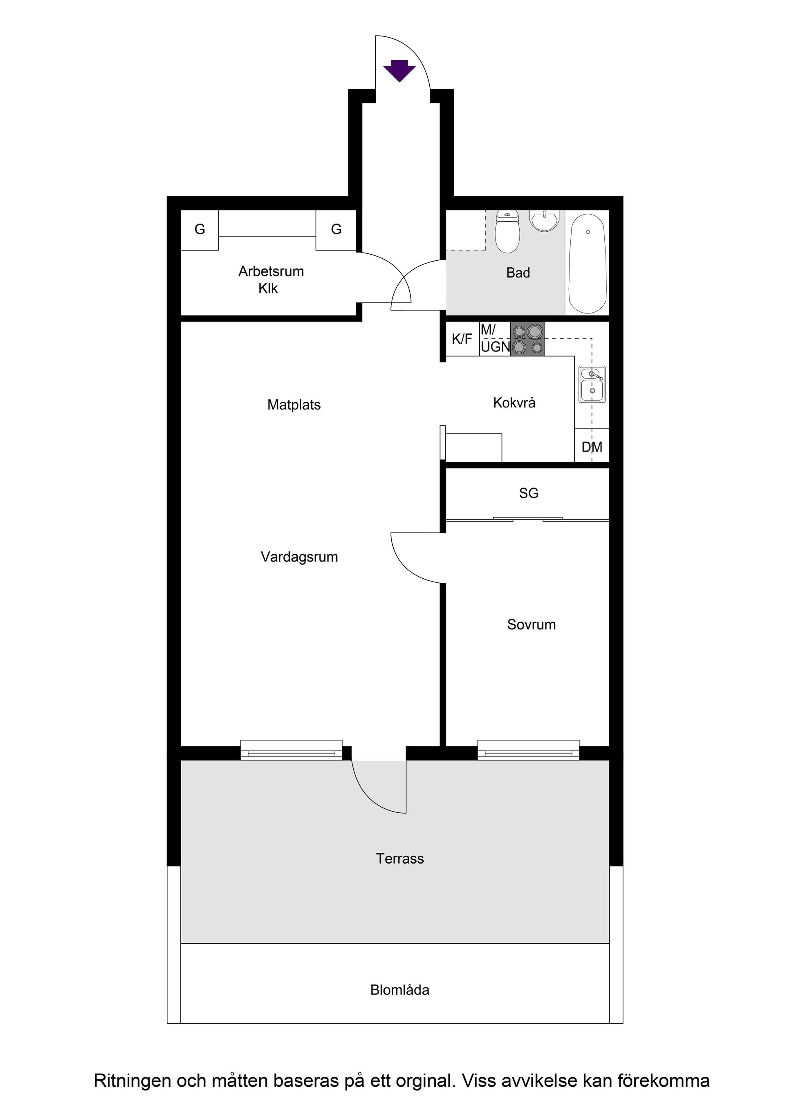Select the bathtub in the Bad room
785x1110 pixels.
(587, 264)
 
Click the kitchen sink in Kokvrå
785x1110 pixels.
(592, 384)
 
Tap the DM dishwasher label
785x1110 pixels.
(592, 447)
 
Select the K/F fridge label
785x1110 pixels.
(462, 339)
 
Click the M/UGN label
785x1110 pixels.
(495, 338)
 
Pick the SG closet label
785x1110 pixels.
(529, 493)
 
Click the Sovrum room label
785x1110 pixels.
(531, 624)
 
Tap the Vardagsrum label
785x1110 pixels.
(299, 557)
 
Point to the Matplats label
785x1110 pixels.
(294, 405)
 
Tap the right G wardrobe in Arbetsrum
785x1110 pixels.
(336, 230)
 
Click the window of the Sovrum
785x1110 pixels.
(528, 750)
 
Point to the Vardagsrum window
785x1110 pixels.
(291, 750)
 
